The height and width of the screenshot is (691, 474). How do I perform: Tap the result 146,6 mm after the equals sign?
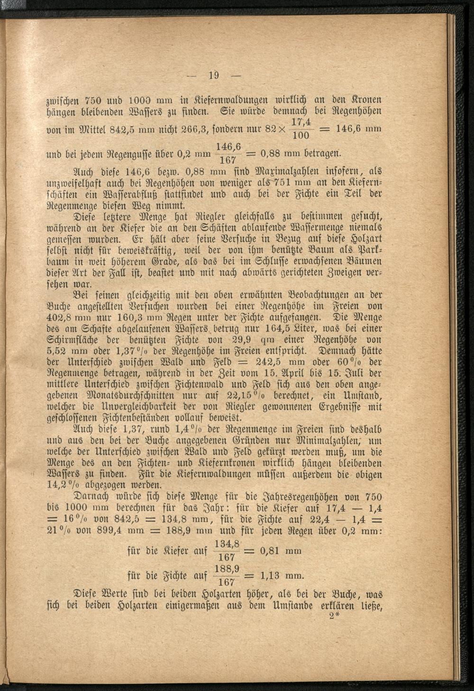click(x=359, y=129)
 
